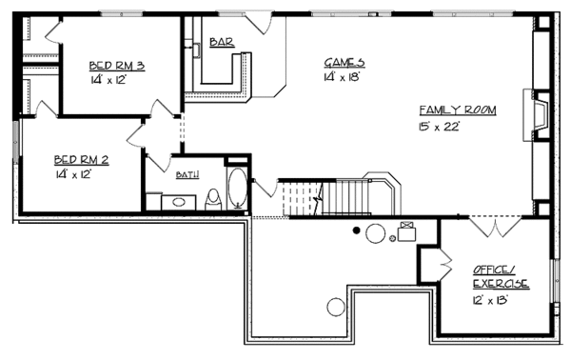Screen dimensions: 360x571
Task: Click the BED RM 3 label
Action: [x=116, y=66]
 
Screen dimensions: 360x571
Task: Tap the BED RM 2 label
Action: [x=81, y=160]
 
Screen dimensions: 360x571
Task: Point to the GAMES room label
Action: [x=344, y=63]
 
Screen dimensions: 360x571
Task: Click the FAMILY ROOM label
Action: [x=457, y=110]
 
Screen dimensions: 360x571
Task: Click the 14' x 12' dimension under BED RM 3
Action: [x=108, y=80]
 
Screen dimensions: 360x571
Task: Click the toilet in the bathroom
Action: [x=213, y=199]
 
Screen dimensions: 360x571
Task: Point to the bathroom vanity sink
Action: [x=175, y=201]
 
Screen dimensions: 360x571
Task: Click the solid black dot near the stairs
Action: [x=356, y=230]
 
